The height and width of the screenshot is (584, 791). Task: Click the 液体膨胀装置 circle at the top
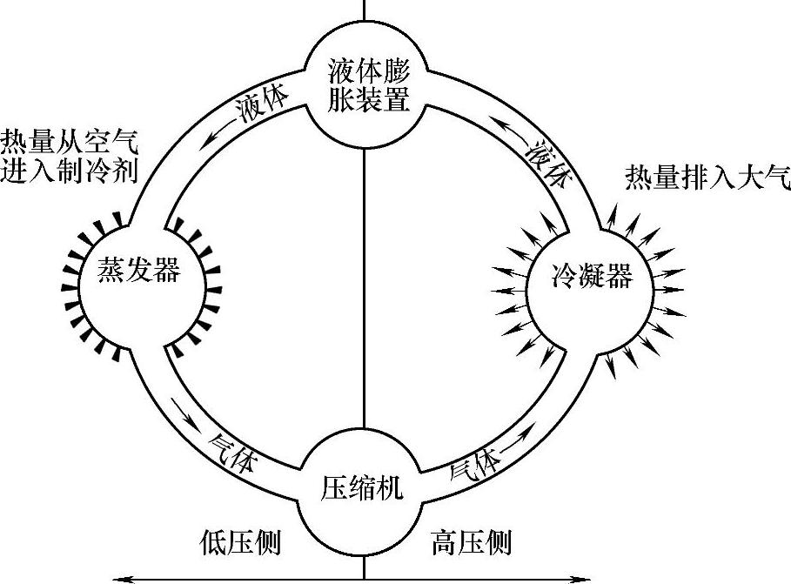click(365, 85)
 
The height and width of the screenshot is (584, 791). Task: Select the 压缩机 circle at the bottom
click(363, 487)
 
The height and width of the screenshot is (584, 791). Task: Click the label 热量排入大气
click(707, 178)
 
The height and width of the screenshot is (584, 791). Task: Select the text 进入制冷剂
click(70, 171)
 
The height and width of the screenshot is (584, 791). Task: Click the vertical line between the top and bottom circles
click(364, 279)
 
